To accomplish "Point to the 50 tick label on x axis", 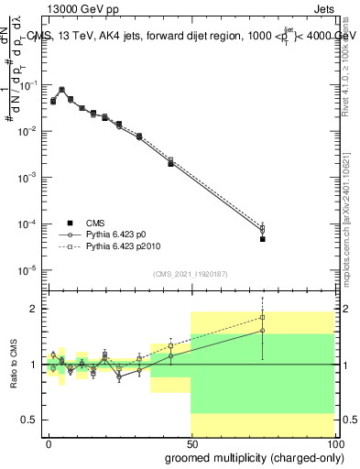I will click(191, 443).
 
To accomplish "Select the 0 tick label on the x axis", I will click(49, 443).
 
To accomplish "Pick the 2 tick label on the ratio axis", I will click(32, 309).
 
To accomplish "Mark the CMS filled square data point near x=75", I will click(262, 239).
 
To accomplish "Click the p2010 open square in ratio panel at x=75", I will click(262, 318).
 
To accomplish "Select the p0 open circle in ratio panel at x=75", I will click(262, 331).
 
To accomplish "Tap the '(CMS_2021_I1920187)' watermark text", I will click(190, 274).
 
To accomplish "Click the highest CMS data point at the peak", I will click(61, 91).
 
